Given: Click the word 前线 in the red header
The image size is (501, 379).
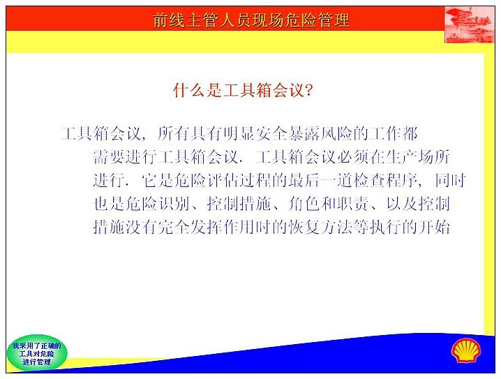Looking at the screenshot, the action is (169, 20).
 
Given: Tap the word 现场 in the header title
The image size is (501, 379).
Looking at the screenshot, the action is (268, 20).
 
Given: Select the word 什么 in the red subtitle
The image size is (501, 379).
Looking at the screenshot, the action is (189, 90).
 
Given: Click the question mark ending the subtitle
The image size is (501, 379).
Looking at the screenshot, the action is (308, 91).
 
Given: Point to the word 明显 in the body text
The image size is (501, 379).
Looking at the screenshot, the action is (239, 133).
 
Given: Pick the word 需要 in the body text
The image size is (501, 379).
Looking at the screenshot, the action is (110, 157).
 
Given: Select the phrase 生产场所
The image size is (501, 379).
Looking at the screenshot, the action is (417, 157).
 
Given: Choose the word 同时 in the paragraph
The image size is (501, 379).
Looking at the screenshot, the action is (450, 181).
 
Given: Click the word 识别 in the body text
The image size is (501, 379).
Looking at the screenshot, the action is (174, 204).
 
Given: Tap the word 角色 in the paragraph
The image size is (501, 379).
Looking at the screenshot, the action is (304, 204).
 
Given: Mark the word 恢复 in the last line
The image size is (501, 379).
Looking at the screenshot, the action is (304, 228).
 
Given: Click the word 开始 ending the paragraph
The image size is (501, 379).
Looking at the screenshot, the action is (434, 228).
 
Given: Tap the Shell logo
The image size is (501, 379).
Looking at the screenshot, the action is (466, 350).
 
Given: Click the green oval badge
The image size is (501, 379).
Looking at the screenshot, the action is (37, 353).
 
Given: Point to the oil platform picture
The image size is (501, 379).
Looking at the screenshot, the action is (469, 24).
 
